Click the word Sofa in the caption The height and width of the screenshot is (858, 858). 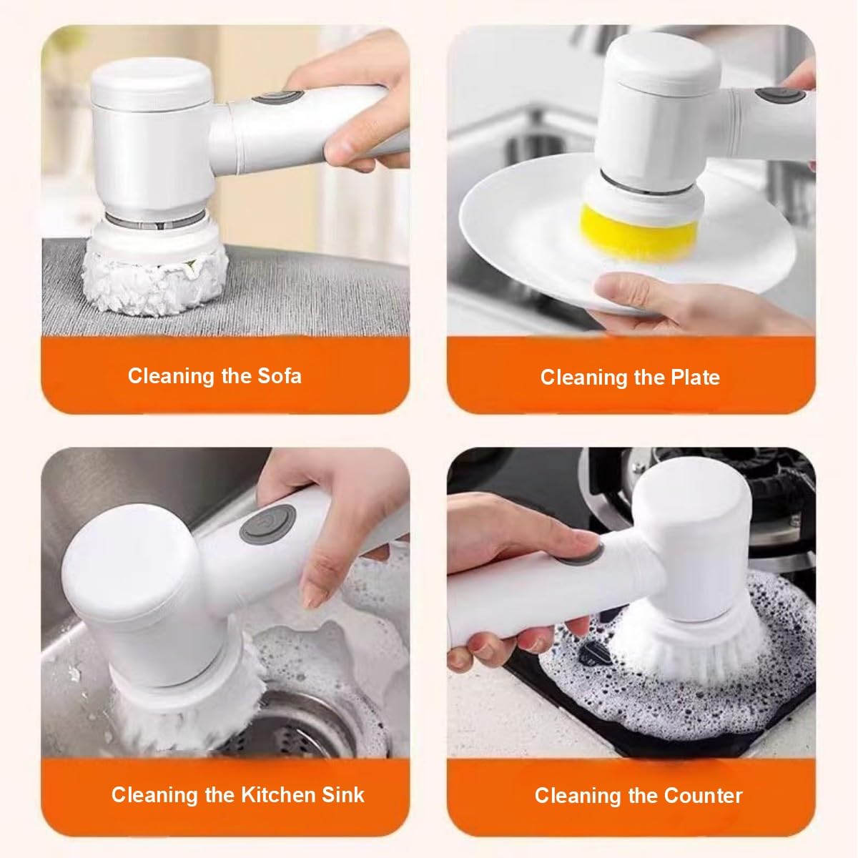pos(277,376)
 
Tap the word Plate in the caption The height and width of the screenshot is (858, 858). pos(694,378)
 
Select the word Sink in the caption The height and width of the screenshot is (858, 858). pos(342,794)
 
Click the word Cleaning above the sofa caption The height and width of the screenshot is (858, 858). pos(171,376)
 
